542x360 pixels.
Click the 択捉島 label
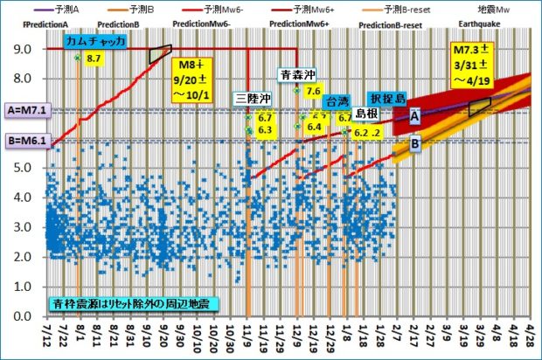pos(386,98)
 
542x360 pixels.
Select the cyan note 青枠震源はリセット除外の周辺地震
pos(134,305)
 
